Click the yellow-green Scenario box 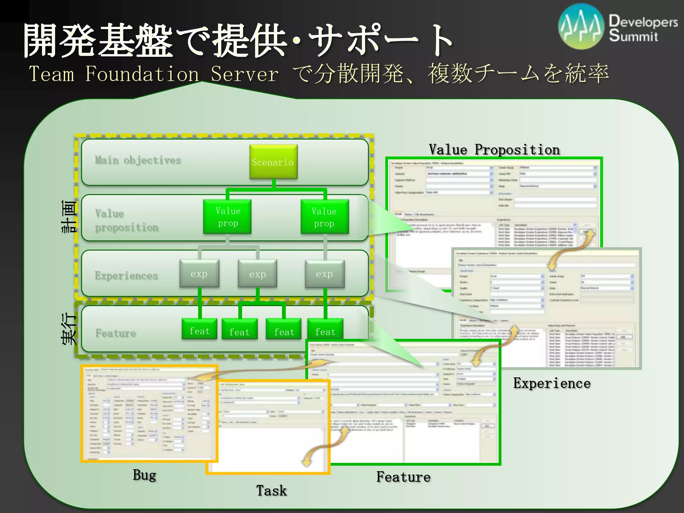click(273, 162)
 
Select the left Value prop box click(227, 217)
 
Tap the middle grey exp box click(257, 274)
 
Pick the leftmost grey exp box click(199, 274)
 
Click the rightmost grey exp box click(325, 274)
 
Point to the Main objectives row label click(138, 160)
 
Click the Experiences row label click(127, 276)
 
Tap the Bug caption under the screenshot click(144, 475)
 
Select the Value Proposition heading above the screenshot click(494, 150)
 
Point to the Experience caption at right click(552, 383)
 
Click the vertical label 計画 click(69, 216)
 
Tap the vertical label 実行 click(69, 329)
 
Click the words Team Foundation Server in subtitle click(154, 74)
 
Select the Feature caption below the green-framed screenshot click(403, 477)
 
